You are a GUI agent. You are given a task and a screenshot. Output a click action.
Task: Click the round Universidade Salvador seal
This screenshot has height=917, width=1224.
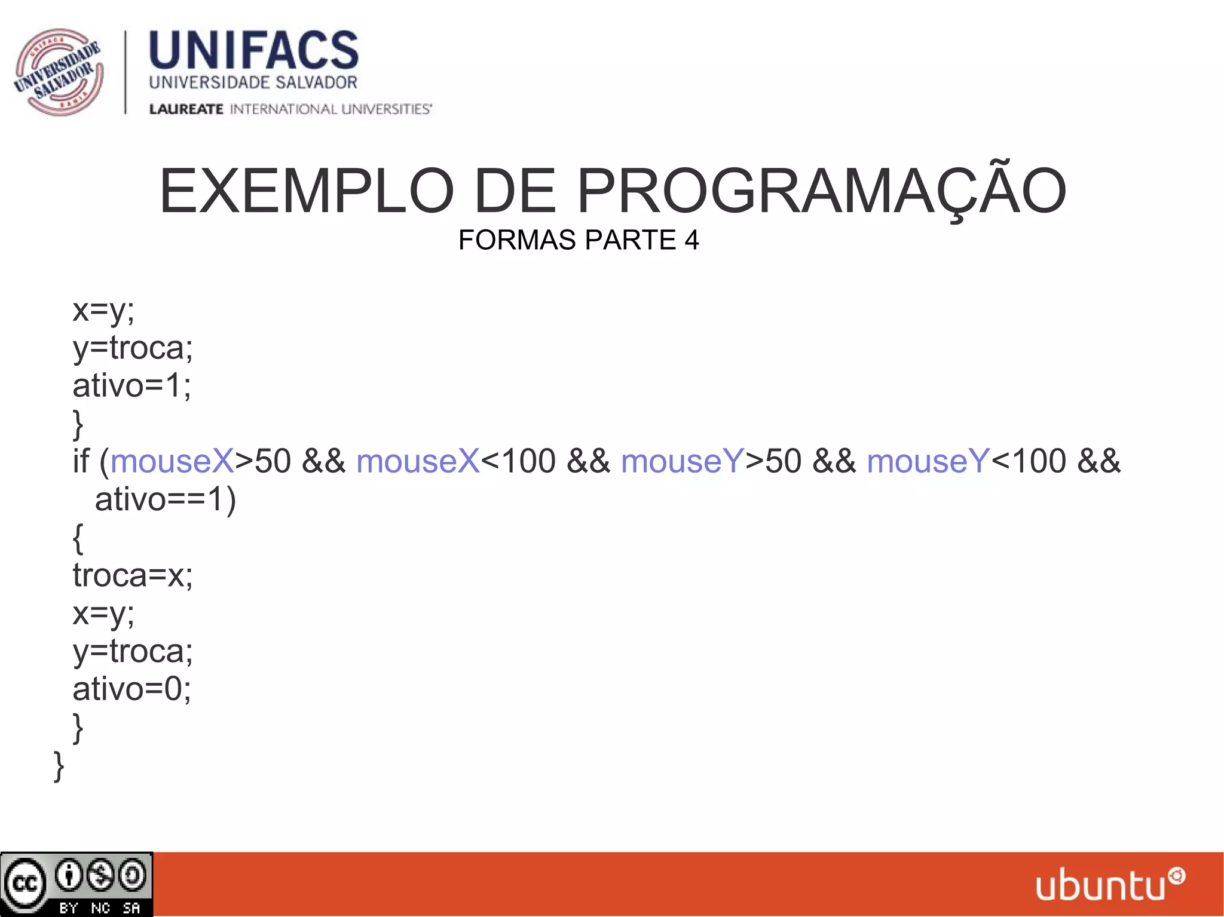pos(59,72)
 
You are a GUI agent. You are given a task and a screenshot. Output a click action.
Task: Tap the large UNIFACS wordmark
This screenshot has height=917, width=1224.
pos(253,50)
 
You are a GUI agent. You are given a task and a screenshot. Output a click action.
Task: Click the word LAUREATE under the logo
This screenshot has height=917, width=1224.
pos(186,109)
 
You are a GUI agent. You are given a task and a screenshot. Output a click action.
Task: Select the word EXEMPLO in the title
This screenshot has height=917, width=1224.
pos(307,191)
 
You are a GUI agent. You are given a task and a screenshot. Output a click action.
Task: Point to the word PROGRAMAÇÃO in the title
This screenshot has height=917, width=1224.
pos(821,191)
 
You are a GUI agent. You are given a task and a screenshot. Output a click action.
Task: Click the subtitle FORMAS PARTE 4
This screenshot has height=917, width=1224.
pos(578,240)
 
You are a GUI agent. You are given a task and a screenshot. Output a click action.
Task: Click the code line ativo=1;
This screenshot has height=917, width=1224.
pos(131,385)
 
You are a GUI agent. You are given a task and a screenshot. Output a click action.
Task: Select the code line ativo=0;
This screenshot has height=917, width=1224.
pos(131,689)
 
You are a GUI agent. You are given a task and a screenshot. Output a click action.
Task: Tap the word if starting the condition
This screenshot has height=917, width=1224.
pos(81,461)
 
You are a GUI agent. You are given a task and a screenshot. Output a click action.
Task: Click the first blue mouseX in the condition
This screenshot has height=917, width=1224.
pos(172,461)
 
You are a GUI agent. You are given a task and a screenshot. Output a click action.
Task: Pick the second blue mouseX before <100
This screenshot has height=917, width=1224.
pos(418,461)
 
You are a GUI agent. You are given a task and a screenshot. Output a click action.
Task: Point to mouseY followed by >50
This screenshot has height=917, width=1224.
pos(683,461)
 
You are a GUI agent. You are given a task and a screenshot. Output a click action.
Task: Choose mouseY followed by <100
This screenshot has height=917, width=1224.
pos(928,461)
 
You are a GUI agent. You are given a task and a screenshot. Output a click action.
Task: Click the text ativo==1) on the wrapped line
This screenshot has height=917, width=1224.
pos(166,499)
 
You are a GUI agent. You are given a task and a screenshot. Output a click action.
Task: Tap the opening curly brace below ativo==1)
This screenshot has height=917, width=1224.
pos(78,538)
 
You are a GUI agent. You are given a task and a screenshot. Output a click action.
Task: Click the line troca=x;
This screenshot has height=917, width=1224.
pos(133,575)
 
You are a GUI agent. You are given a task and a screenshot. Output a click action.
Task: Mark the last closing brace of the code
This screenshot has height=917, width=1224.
pos(59,766)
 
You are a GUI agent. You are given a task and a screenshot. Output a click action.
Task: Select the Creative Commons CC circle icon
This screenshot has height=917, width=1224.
pos(25,883)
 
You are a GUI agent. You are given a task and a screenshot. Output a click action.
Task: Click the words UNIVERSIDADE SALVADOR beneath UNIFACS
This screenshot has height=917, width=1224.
pos(253,82)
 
